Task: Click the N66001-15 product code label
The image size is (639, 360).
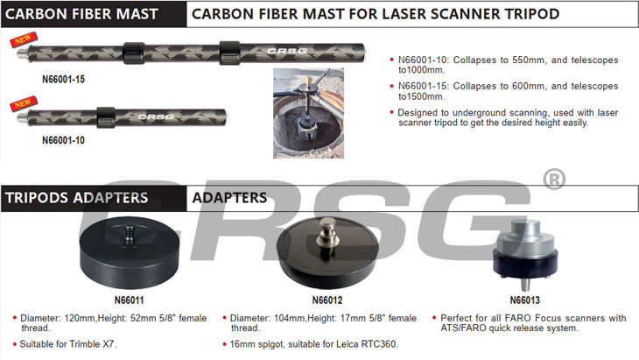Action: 64,79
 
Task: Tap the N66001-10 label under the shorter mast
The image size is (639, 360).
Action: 64,140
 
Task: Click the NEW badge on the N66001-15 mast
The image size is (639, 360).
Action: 24,40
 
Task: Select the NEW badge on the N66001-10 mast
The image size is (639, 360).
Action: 24,103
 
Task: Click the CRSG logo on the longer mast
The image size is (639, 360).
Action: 287,51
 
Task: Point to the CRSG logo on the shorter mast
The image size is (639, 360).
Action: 156,117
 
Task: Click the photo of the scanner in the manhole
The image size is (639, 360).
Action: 308,113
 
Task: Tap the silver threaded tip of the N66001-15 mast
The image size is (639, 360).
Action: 23,53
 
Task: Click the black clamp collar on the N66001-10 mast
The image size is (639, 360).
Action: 106,117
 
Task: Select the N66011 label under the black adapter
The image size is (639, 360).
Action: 130,300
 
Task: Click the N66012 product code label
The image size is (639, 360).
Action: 327,300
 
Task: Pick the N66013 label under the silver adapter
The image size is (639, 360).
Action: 525,300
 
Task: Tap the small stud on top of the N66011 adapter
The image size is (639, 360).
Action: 130,235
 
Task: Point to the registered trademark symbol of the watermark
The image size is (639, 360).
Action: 554,179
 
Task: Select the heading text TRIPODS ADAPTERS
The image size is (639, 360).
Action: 77,198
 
